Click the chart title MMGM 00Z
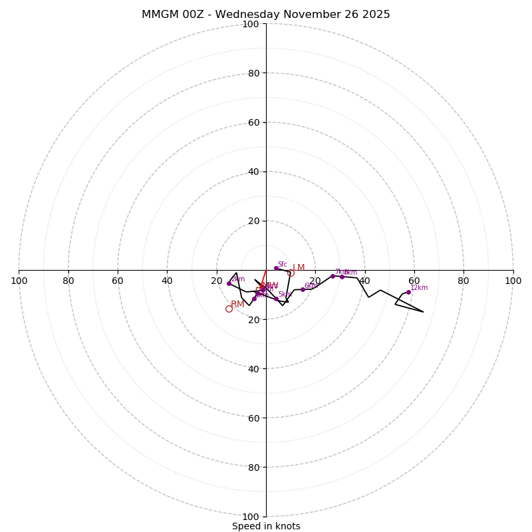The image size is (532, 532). [265, 15]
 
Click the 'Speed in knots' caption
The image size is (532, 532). [266, 526]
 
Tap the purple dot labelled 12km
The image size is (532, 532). [408, 292]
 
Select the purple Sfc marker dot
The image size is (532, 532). [276, 268]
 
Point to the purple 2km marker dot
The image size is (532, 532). [229, 283]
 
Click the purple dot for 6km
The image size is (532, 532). [303, 289]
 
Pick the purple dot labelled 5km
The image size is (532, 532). [276, 299]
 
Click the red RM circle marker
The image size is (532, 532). [229, 309]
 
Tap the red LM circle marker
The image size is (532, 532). [291, 273]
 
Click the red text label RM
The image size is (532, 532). [237, 304]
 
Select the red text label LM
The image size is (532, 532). [299, 268]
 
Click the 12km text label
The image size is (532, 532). [419, 287]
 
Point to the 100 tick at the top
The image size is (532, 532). [250, 24]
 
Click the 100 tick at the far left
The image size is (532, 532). [19, 281]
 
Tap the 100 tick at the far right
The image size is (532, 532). [513, 281]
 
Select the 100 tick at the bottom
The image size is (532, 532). [250, 516]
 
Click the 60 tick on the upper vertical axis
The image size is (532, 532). [253, 122]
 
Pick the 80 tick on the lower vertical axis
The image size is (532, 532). [253, 467]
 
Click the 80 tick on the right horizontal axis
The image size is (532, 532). [464, 281]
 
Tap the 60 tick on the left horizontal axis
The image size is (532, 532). [118, 281]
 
